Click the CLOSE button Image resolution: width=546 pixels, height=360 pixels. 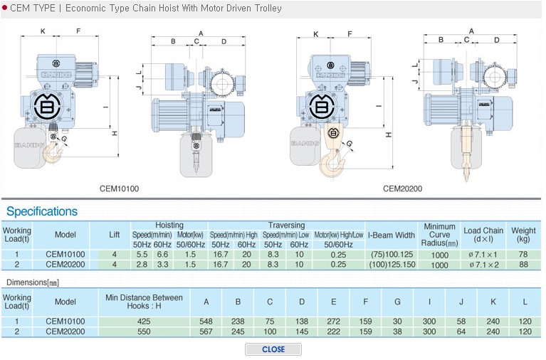(x=273, y=349)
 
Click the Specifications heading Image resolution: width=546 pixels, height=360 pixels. (x=42, y=211)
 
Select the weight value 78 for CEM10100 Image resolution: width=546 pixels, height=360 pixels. (x=523, y=254)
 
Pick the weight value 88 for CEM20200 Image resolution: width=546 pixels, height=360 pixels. (x=523, y=264)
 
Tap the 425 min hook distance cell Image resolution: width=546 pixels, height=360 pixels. (x=143, y=322)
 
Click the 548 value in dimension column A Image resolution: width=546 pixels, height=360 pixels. (x=206, y=322)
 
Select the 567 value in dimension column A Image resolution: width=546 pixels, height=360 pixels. (x=206, y=332)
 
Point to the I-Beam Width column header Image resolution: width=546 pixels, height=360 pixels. (x=392, y=235)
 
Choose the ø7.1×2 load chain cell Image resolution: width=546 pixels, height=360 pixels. (x=483, y=265)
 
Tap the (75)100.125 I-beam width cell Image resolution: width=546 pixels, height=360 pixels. (x=392, y=254)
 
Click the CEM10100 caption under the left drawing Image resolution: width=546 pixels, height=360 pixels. (x=120, y=189)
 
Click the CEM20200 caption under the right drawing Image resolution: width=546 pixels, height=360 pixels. (x=402, y=189)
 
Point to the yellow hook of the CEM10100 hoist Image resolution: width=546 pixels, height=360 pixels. (x=51, y=152)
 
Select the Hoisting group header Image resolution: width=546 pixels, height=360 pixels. (x=169, y=225)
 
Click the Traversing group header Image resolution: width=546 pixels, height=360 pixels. (x=286, y=225)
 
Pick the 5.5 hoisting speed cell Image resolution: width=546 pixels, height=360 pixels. (x=142, y=254)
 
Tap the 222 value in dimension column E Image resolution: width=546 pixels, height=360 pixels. (x=333, y=332)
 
